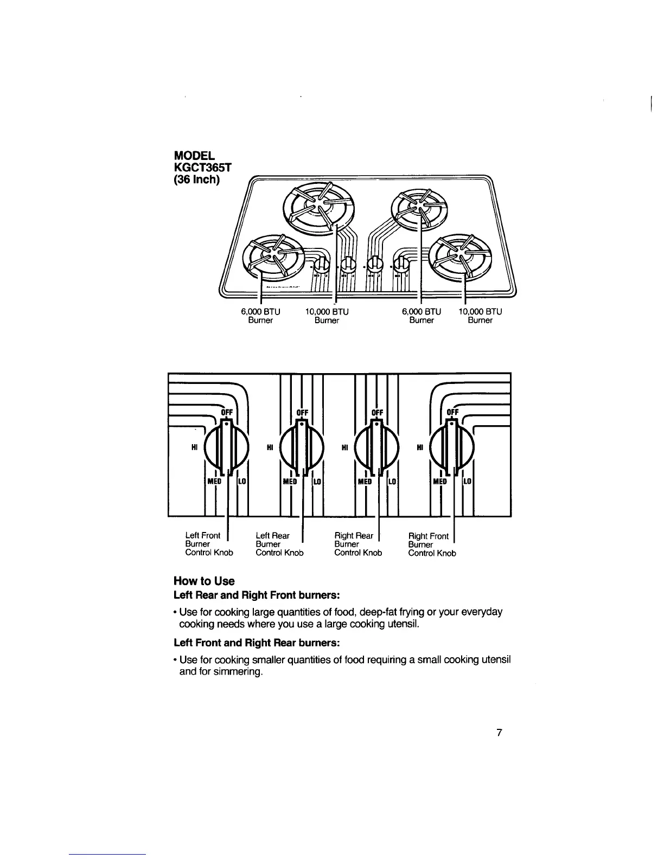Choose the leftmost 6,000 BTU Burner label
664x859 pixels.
click(260, 316)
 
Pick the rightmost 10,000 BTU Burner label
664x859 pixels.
click(480, 316)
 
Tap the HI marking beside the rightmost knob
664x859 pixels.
click(420, 447)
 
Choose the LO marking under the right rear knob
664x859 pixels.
click(393, 482)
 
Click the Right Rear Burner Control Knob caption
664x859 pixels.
click(358, 544)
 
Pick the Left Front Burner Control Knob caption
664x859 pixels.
click(209, 544)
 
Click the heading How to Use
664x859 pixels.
click(204, 581)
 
